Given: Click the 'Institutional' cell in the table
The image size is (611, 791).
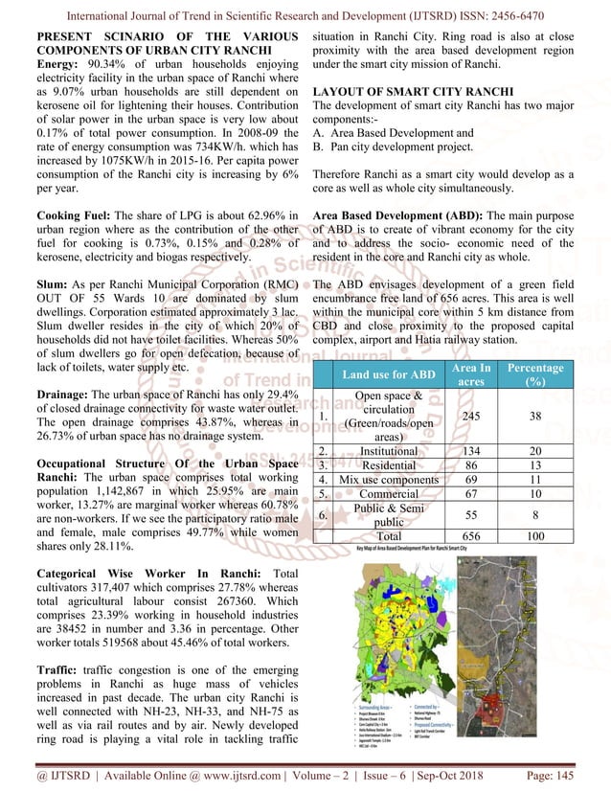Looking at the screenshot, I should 388,450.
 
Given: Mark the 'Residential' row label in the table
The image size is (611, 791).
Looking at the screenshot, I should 388,466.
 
